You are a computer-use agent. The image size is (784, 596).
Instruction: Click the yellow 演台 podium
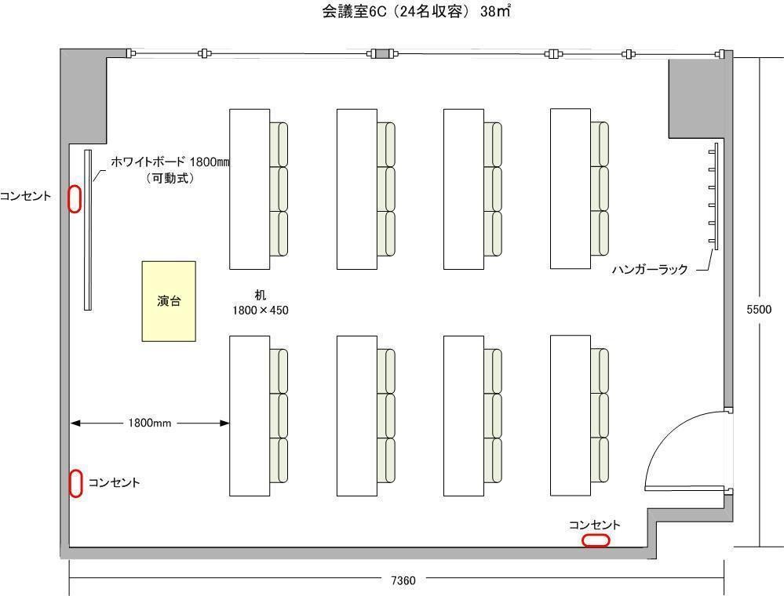pyautogui.click(x=169, y=301)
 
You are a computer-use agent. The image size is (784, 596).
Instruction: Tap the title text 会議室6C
pyautogui.click(x=354, y=12)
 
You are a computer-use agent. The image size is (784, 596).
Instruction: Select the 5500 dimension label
pyautogui.click(x=759, y=310)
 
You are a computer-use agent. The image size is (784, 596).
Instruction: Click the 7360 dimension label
pyautogui.click(x=403, y=580)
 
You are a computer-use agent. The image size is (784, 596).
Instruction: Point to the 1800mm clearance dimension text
pyautogui.click(x=149, y=423)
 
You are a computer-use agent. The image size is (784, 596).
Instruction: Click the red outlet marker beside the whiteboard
pyautogui.click(x=75, y=199)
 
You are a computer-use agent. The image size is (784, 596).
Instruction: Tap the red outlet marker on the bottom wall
pyautogui.click(x=596, y=540)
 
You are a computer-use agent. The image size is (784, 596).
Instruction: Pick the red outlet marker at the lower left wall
pyautogui.click(x=75, y=484)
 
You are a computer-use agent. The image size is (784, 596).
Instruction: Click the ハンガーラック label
pyautogui.click(x=650, y=270)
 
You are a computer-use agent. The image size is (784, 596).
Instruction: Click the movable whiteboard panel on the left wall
pyautogui.click(x=88, y=230)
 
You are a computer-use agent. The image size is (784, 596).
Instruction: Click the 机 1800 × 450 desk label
pyautogui.click(x=260, y=303)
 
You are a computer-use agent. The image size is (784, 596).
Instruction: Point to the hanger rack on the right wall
pyautogui.click(x=714, y=196)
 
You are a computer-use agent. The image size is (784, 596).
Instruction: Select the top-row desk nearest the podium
pyautogui.click(x=250, y=189)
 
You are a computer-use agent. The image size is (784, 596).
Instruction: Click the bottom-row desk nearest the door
pyautogui.click(x=571, y=416)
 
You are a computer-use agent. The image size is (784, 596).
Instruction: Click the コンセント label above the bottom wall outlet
pyautogui.click(x=595, y=525)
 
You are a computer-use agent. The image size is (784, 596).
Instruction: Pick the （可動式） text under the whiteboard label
pyautogui.click(x=170, y=178)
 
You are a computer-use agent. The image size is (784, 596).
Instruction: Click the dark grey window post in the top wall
pyautogui.click(x=383, y=53)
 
